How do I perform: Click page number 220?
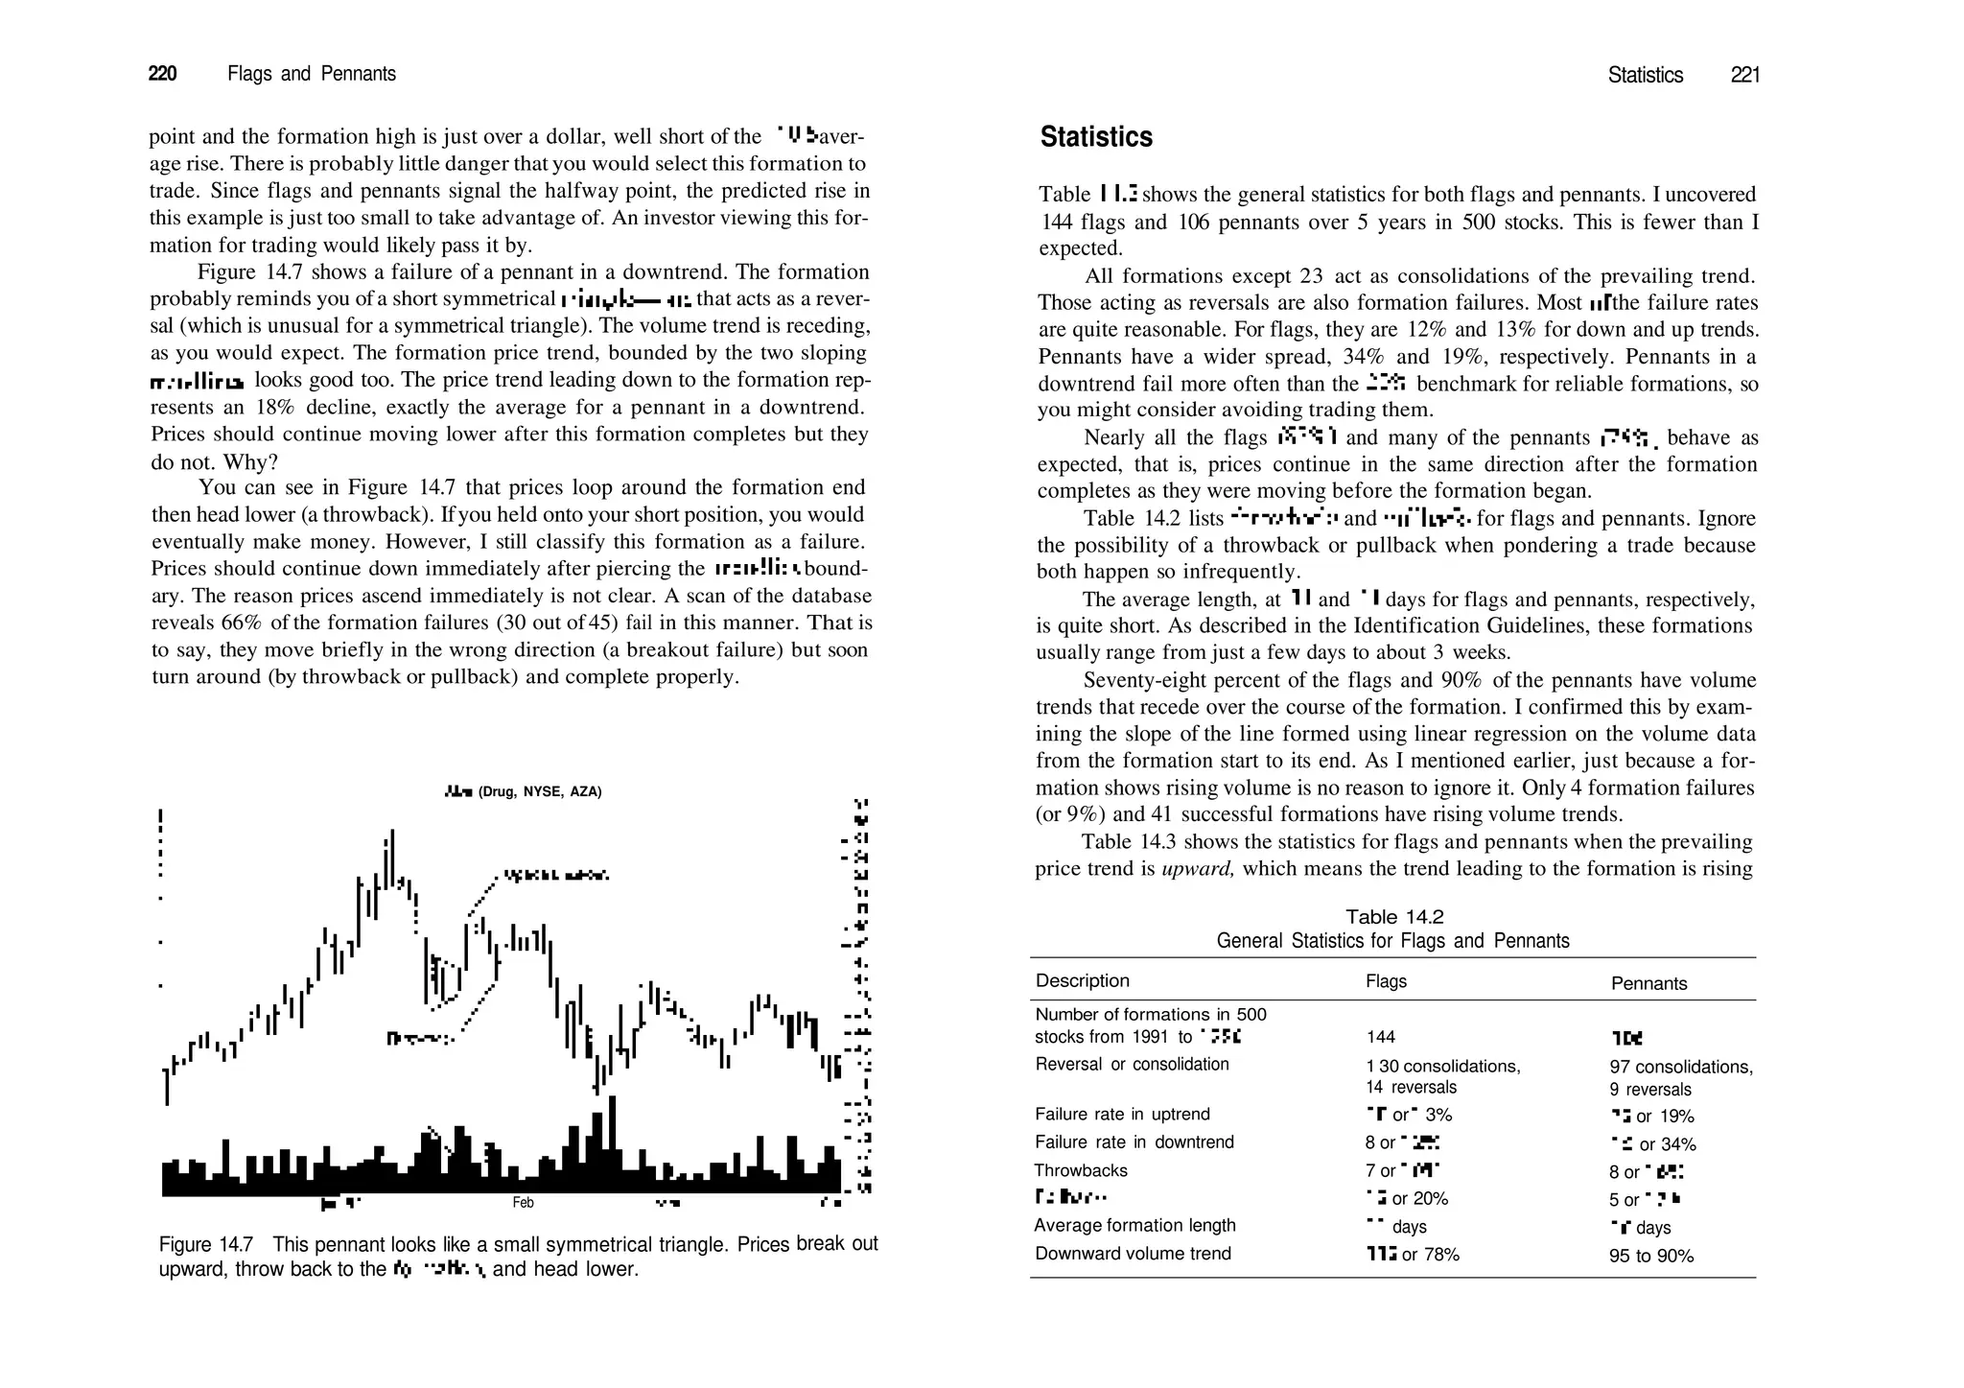pyautogui.click(x=162, y=74)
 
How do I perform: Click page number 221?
pyautogui.click(x=1744, y=75)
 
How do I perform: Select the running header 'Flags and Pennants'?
pyautogui.click(x=312, y=74)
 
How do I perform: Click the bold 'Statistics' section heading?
pyautogui.click(x=1096, y=137)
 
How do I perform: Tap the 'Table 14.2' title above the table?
pyautogui.click(x=1393, y=916)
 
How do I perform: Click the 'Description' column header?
pyautogui.click(x=1082, y=980)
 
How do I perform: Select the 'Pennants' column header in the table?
pyautogui.click(x=1648, y=983)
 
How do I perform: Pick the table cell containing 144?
pyautogui.click(x=1380, y=1037)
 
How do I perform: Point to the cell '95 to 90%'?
pyautogui.click(x=1650, y=1256)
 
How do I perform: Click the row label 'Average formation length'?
pyautogui.click(x=1134, y=1225)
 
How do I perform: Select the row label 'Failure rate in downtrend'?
pyautogui.click(x=1134, y=1141)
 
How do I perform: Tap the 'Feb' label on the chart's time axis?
pyautogui.click(x=523, y=1203)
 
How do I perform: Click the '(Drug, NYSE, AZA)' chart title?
pyautogui.click(x=539, y=791)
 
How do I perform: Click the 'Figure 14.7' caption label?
pyautogui.click(x=205, y=1245)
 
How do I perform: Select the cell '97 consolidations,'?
pyautogui.click(x=1680, y=1067)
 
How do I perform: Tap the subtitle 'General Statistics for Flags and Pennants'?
pyautogui.click(x=1392, y=941)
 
